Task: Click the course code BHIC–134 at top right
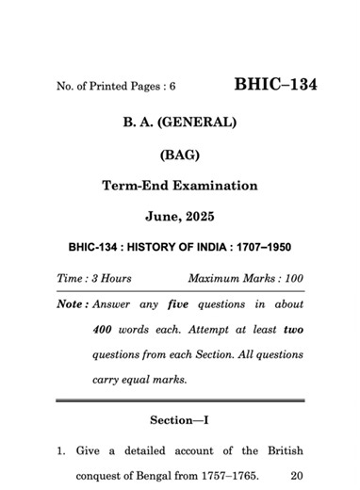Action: click(275, 85)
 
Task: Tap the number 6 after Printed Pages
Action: click(172, 88)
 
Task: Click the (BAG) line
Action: click(179, 154)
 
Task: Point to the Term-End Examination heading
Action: click(179, 186)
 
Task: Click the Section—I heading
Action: click(179, 418)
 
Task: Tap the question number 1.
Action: click(60, 450)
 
